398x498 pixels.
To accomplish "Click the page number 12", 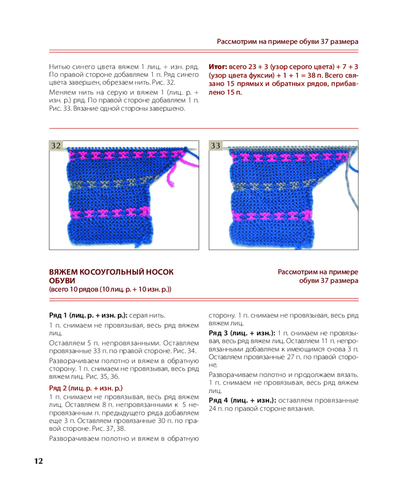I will click(x=38, y=461).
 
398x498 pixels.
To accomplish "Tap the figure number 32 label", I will click(x=56, y=145).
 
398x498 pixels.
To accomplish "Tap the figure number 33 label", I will click(x=215, y=145).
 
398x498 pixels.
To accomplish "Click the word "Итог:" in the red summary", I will click(x=217, y=66).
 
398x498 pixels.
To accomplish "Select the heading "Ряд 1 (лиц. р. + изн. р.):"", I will click(x=89, y=315).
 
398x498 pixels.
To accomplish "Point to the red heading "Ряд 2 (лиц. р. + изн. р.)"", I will click(x=86, y=387).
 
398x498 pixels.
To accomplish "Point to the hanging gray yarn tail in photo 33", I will click(x=351, y=189).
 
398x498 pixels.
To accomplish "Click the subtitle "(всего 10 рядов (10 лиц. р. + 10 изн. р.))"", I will click(x=110, y=289).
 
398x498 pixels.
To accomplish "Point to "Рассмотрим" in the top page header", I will click(x=236, y=41).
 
